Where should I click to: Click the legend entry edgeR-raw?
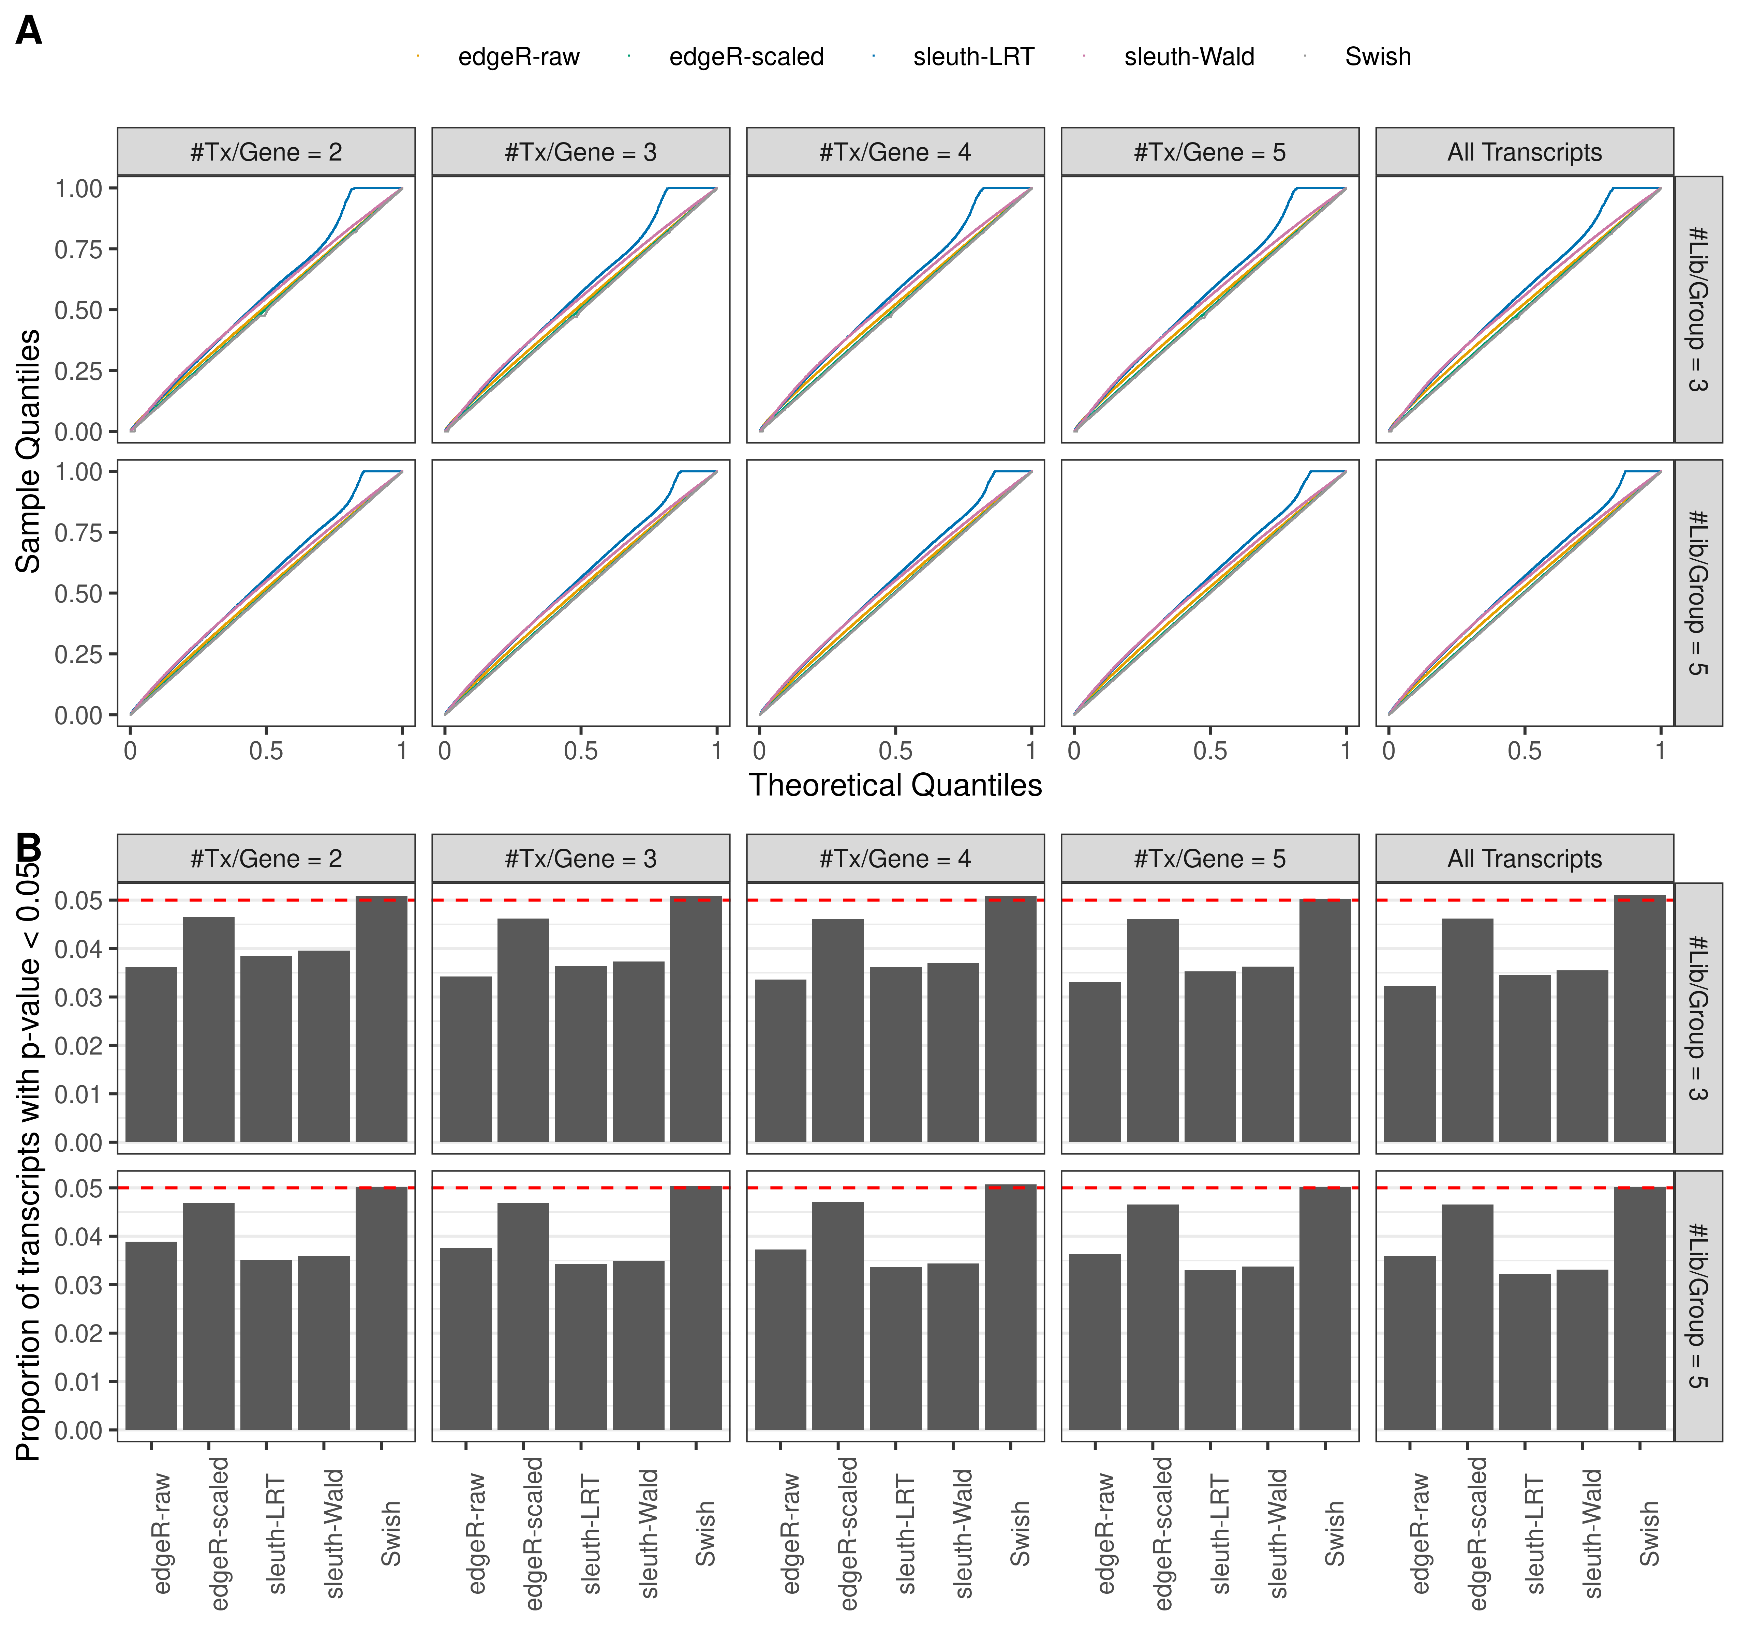(518, 57)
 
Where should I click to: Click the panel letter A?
(29, 31)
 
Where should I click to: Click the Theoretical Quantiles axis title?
(895, 785)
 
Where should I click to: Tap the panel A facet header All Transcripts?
(1524, 152)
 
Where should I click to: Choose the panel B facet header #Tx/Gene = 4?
(895, 859)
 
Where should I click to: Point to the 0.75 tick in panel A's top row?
(79, 249)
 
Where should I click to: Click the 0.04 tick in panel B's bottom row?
(79, 1237)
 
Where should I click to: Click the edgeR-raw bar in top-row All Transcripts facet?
(1409, 1064)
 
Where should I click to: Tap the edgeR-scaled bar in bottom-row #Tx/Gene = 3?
(523, 1316)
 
